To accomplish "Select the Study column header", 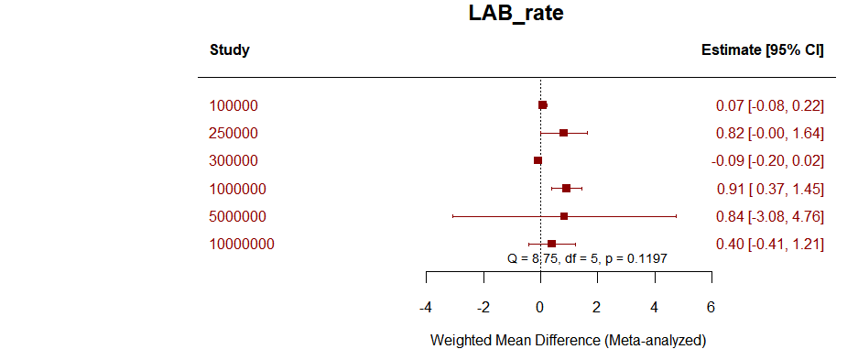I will pos(229,49).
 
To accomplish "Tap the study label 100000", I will pos(234,105).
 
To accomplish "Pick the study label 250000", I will pos(234,133).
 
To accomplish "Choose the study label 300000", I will pos(234,161).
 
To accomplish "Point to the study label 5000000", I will pos(237,216).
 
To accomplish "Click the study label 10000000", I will pos(242,244).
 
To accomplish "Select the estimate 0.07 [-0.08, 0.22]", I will pos(769,105).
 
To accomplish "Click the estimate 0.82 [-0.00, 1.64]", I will pos(769,133).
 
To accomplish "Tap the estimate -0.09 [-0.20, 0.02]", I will pos(767,161).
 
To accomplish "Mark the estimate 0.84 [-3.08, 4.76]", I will pos(769,216).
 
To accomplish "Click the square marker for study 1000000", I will pos(566,189).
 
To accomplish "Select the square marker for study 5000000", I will pos(564,216).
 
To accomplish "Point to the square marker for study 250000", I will pos(563,133).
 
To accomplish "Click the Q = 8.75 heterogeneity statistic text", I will pos(586,258).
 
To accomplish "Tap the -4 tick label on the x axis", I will pos(426,306).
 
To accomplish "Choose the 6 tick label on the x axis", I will pos(711,306).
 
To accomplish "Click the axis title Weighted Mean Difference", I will pos(568,340).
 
